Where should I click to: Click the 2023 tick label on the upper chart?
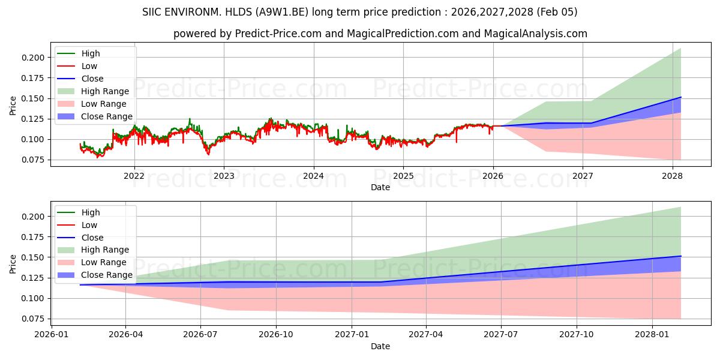tap(224, 176)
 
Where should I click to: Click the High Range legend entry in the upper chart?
tap(105, 91)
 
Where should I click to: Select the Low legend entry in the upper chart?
tap(89, 66)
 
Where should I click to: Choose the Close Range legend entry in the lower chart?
tap(107, 275)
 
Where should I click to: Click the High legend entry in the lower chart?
tap(91, 212)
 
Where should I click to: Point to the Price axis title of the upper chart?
tap(13, 106)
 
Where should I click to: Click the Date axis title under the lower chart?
tap(380, 346)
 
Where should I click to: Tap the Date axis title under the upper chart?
tap(380, 187)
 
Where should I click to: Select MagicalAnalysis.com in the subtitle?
tap(539, 34)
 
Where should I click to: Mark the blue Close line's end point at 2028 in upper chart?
tap(681, 97)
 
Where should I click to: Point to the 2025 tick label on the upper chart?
tap(403, 176)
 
